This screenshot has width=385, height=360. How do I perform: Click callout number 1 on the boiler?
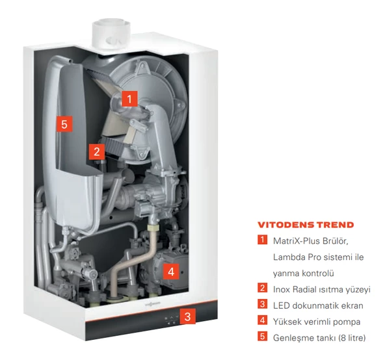[x=129, y=99]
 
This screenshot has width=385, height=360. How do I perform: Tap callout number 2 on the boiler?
[x=97, y=151]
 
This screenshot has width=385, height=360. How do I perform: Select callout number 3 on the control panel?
[x=187, y=316]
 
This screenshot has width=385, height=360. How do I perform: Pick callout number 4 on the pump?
[x=171, y=272]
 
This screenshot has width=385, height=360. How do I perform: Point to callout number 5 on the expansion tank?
[x=64, y=124]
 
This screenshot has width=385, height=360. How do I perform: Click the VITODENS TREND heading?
[x=306, y=225]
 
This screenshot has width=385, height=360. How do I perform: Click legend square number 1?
[x=263, y=240]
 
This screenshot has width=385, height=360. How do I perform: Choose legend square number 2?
[x=263, y=288]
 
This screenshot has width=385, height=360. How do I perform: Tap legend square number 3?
[x=263, y=304]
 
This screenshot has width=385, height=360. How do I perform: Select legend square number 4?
[x=263, y=320]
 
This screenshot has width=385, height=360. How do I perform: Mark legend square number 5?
[x=263, y=336]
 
